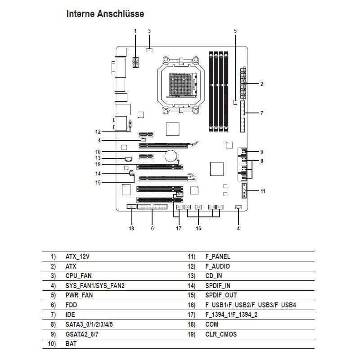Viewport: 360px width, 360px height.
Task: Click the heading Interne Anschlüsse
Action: (105, 14)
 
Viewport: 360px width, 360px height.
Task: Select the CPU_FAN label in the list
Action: (79, 276)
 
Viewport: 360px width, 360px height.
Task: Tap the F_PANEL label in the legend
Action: (217, 256)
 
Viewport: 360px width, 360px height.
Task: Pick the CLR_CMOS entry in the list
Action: (220, 334)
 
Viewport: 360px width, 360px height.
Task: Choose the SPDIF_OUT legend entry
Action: (221, 295)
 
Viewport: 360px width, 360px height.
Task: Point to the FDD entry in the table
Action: (71, 305)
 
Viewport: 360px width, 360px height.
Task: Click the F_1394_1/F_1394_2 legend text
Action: (231, 315)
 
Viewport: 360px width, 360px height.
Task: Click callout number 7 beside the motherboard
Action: (261, 113)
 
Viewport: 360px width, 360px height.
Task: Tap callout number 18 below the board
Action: (131, 228)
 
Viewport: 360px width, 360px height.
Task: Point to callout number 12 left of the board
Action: (98, 132)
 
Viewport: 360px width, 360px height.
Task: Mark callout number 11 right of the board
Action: (263, 191)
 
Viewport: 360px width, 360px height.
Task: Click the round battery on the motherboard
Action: (171, 156)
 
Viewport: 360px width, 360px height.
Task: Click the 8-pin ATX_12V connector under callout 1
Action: (135, 63)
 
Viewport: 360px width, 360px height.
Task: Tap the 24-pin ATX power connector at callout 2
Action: (243, 84)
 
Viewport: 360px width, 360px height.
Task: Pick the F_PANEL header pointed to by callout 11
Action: (244, 191)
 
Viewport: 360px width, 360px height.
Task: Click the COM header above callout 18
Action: (131, 207)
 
